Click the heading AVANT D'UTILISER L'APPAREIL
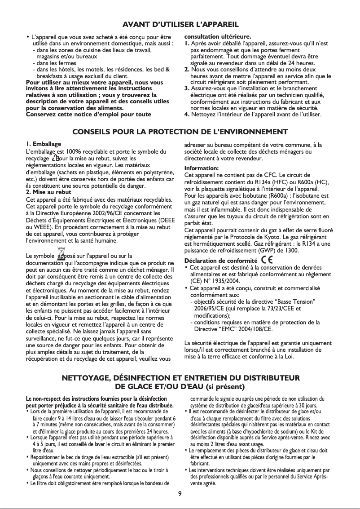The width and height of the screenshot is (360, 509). click(x=180, y=24)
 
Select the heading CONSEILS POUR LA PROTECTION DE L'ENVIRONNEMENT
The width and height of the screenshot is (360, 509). click(x=180, y=132)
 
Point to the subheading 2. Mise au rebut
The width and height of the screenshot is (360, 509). click(x=49, y=192)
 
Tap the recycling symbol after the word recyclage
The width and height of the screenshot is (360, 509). click(x=56, y=158)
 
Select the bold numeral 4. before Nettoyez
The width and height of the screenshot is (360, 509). click(x=188, y=115)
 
